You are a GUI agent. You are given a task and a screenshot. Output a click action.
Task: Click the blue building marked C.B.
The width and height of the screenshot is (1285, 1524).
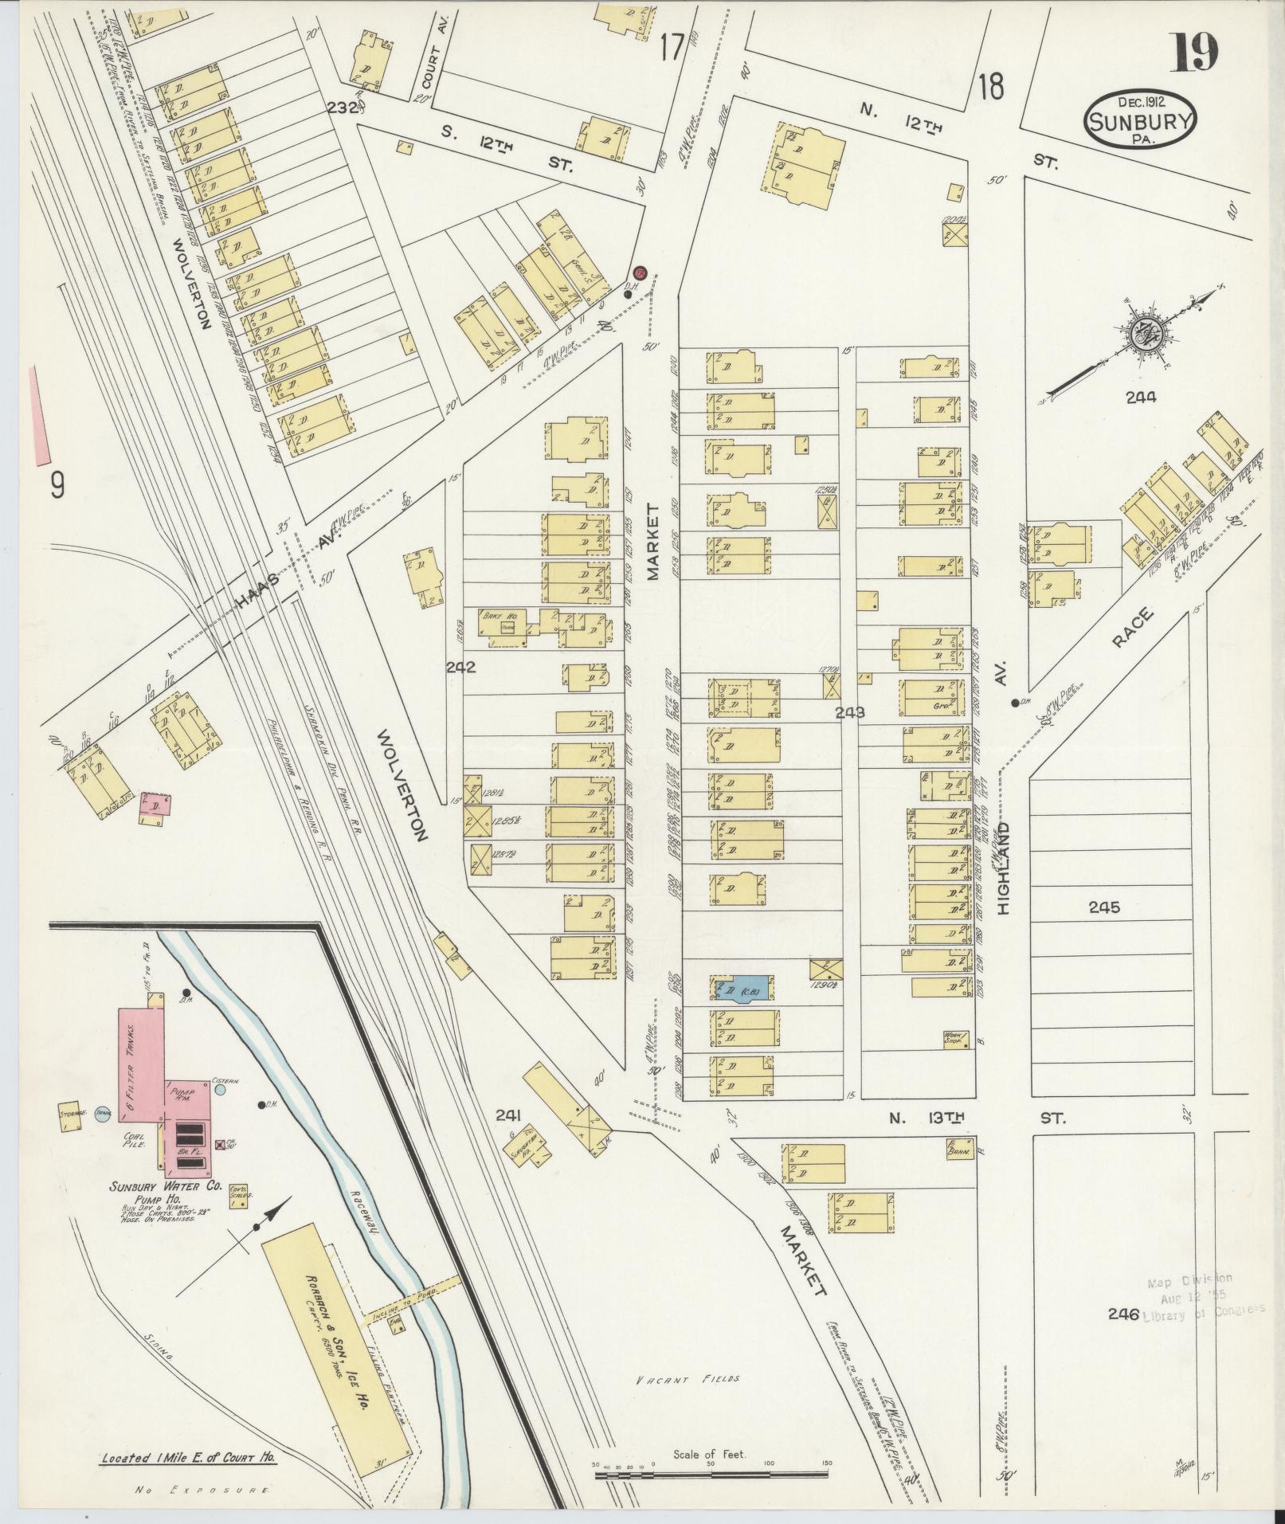coord(742,990)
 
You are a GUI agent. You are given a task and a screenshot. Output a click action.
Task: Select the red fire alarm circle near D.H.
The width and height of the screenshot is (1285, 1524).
coord(639,273)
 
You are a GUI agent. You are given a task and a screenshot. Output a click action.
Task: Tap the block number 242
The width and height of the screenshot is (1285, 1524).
coord(460,667)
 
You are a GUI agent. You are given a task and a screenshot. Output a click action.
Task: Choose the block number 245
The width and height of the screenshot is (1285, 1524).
coord(1103,907)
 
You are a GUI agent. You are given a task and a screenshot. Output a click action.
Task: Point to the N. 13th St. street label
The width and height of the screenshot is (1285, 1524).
coord(976,1119)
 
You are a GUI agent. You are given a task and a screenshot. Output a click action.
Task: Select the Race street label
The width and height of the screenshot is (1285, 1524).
coord(1132,629)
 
